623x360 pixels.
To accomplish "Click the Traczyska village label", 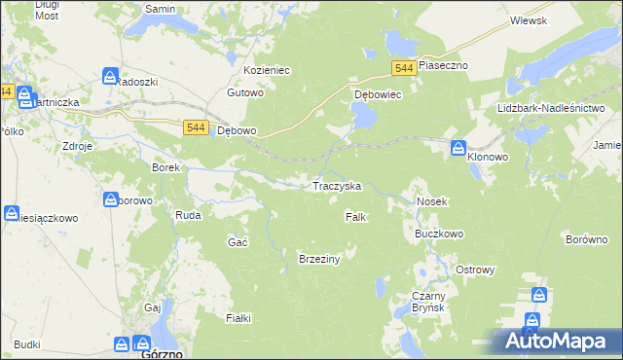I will [336, 185].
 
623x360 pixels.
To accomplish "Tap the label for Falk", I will [355, 217].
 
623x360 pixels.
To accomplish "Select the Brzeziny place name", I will [318, 258].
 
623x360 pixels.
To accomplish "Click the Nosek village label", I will [431, 201].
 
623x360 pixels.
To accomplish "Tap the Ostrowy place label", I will [476, 270].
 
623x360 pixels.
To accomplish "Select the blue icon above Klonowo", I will [458, 147].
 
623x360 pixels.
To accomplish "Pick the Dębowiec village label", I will [378, 95].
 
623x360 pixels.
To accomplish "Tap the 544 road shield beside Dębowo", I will [195, 127].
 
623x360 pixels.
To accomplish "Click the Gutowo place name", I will [245, 93].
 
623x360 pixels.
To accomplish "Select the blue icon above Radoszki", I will [110, 76].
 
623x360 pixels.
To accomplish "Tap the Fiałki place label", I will [238, 318].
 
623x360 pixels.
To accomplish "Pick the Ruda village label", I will [187, 216].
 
